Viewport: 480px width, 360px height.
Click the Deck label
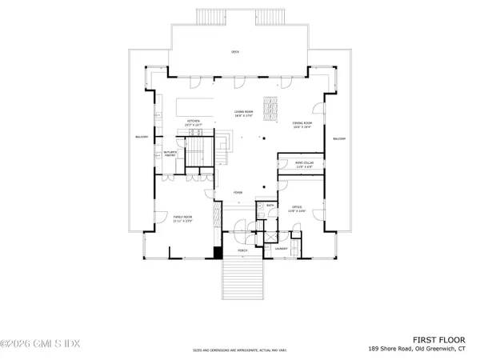coord(235,52)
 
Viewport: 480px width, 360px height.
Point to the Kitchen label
coord(193,122)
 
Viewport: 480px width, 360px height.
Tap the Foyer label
coord(238,193)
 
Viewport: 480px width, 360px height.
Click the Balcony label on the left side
coord(142,138)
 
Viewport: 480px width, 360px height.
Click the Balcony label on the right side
coord(338,138)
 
